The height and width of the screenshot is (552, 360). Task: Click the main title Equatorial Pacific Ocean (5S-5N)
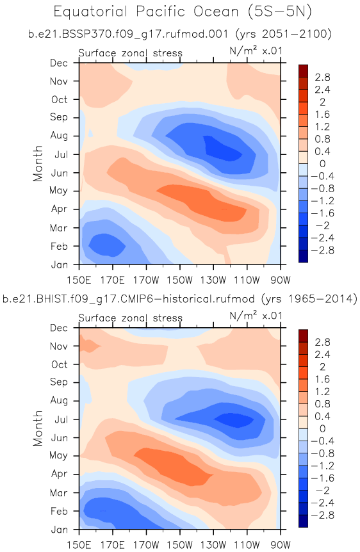(x=183, y=12)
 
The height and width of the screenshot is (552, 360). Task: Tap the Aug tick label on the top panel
(x=59, y=136)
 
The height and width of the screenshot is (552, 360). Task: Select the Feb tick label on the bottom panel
(x=59, y=511)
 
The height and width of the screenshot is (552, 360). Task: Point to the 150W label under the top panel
(x=179, y=280)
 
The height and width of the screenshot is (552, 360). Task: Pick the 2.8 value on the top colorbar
(x=322, y=77)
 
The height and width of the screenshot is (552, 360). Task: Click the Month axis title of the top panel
(x=38, y=163)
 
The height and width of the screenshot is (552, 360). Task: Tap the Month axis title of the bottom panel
(x=38, y=428)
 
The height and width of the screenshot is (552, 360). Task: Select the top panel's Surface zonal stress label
(x=130, y=53)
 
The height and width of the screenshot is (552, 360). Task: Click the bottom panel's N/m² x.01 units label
(x=256, y=316)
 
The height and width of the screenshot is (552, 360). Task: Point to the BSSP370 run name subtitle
(x=179, y=34)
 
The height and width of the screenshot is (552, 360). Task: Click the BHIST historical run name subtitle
(x=179, y=299)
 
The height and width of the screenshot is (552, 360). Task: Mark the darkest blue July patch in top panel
(x=223, y=150)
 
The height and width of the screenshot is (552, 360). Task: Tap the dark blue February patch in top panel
(x=107, y=245)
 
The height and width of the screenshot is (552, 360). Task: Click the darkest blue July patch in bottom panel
(x=234, y=419)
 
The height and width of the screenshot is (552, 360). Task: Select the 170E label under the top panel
(x=112, y=280)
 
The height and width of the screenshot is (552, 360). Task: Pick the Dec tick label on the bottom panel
(x=59, y=328)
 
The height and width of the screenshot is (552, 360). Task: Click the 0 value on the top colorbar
(x=322, y=164)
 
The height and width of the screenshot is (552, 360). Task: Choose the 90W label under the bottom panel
(x=281, y=546)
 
